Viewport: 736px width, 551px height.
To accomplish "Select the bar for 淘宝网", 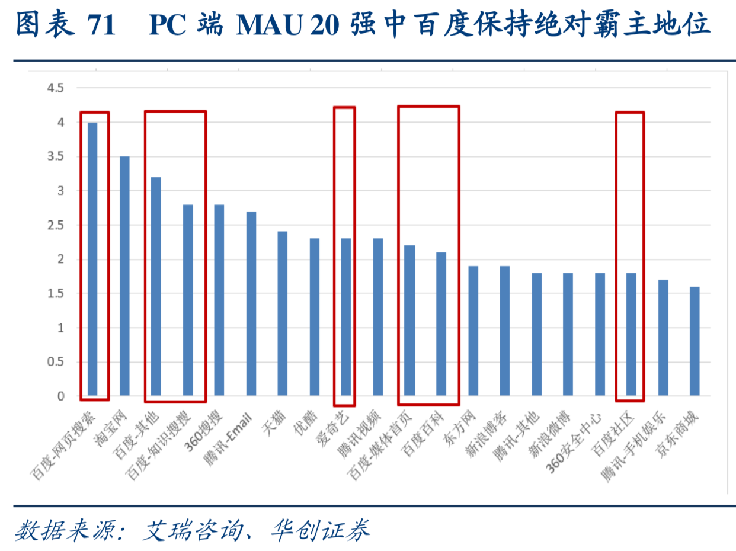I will tap(124, 275).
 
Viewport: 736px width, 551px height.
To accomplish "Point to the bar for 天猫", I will tap(283, 313).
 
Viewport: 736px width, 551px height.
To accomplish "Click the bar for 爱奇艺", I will tap(346, 317).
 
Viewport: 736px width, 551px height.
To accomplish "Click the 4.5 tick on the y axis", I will tap(55, 88).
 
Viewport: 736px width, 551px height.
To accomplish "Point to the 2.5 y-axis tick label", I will tap(55, 225).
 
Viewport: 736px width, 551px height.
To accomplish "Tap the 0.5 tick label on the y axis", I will tap(55, 362).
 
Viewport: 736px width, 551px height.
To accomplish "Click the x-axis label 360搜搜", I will tap(211, 428).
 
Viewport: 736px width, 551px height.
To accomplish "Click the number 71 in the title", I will tap(100, 25).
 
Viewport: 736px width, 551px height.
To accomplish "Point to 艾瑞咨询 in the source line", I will tap(196, 530).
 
